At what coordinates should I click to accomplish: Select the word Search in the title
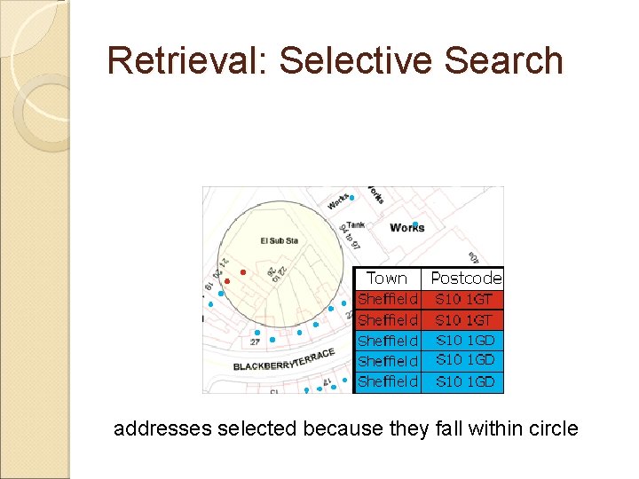tap(510, 60)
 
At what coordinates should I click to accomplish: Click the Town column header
tap(387, 279)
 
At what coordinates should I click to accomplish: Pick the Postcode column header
tap(466, 279)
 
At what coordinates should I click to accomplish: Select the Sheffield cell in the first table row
tap(387, 299)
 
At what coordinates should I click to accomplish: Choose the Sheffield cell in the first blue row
tap(387, 341)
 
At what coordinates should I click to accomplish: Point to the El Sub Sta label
tap(279, 240)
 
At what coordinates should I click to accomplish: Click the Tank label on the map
tap(355, 225)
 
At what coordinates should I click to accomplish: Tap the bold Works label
tap(407, 228)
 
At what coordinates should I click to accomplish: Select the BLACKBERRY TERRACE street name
tap(284, 360)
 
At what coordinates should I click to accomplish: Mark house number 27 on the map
tap(256, 342)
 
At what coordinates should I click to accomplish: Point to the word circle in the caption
tap(553, 429)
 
